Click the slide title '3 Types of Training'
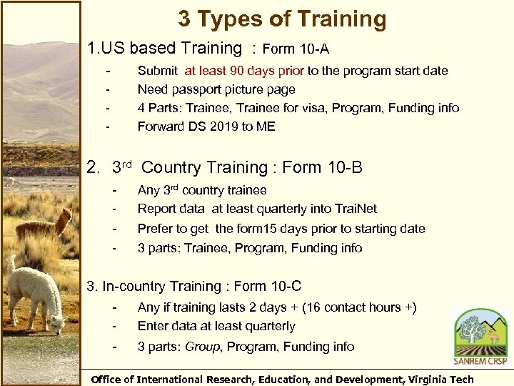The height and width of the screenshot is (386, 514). click(282, 19)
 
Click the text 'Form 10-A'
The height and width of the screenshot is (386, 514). click(296, 49)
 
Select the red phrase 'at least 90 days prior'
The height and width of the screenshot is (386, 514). click(244, 71)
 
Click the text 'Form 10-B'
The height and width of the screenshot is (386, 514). click(323, 168)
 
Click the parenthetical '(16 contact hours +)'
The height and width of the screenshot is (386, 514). click(359, 307)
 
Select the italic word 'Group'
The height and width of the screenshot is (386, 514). click(202, 347)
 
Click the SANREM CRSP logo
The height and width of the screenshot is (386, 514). click(480, 336)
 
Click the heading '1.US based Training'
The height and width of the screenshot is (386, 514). click(164, 49)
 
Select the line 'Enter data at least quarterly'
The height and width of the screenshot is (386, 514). click(216, 326)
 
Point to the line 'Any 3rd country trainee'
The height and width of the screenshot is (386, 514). click(202, 190)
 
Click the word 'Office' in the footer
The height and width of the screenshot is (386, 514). click(110, 380)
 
